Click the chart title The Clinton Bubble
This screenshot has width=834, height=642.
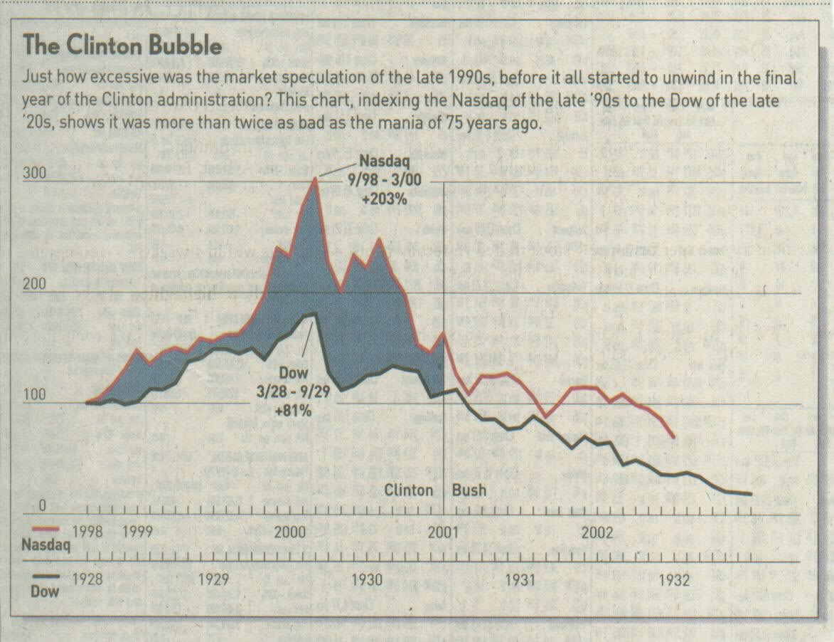pyautogui.click(x=122, y=46)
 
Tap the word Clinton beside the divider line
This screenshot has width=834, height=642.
pyautogui.click(x=409, y=490)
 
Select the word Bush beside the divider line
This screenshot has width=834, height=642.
pyautogui.click(x=469, y=490)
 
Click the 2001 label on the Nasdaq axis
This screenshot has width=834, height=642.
pyautogui.click(x=442, y=531)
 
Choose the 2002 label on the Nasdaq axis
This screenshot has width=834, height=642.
pyautogui.click(x=599, y=531)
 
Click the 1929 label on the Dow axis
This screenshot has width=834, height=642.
pyautogui.click(x=213, y=579)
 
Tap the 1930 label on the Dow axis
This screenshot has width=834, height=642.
pyautogui.click(x=366, y=579)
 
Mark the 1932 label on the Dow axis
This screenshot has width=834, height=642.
pyautogui.click(x=673, y=579)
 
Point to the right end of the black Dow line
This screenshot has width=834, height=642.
pyautogui.click(x=751, y=494)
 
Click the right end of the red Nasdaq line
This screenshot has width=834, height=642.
pyautogui.click(x=674, y=436)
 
